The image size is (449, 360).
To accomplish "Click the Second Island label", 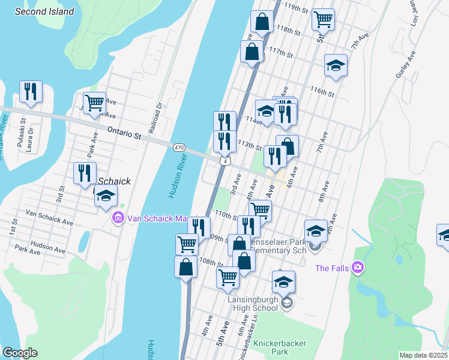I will (x=45, y=11).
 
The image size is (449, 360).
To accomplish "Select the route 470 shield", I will (x=179, y=148).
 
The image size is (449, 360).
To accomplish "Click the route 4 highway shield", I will (x=224, y=161).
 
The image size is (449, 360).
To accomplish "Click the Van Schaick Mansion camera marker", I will (x=118, y=218).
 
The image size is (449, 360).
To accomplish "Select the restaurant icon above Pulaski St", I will (x=30, y=92).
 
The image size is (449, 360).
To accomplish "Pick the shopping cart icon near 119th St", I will (x=323, y=19).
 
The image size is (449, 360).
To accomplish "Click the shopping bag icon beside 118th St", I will (x=262, y=23).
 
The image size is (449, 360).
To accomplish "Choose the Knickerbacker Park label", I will (x=279, y=347).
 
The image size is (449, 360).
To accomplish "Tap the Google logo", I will (x=20, y=353).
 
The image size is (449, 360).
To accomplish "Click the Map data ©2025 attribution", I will (x=423, y=355).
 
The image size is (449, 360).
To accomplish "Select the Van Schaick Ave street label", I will (x=49, y=217).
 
